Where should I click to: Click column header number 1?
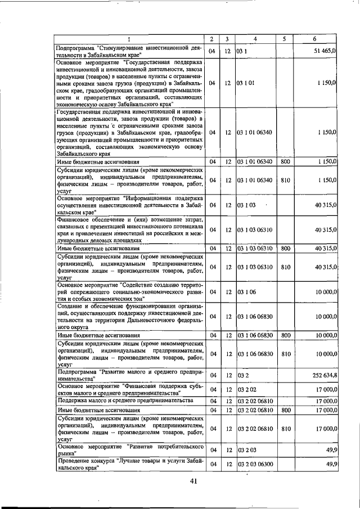coord(129,39)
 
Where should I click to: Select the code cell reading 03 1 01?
coord(245,83)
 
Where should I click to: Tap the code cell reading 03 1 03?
coord(245,205)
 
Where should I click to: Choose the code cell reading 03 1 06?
coord(245,292)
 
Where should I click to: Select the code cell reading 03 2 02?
coord(245,390)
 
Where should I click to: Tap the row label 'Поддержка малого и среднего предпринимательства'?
coord(124,400)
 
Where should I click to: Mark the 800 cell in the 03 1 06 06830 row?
coord(285,335)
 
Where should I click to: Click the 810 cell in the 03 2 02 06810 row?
coord(285,429)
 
